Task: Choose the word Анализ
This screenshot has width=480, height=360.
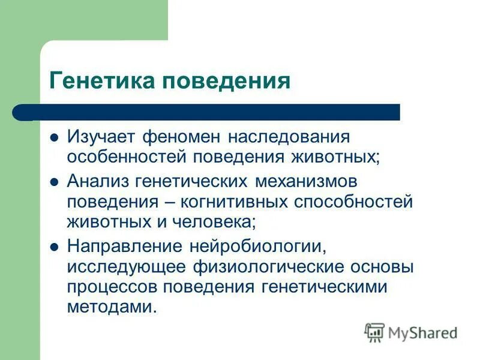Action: pos(98,180)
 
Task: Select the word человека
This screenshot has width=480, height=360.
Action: pos(219,221)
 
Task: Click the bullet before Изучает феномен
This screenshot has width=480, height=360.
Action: pos(54,136)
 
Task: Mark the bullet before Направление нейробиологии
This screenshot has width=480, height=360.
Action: pos(54,245)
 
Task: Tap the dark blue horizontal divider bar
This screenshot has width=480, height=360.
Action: pos(210,112)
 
